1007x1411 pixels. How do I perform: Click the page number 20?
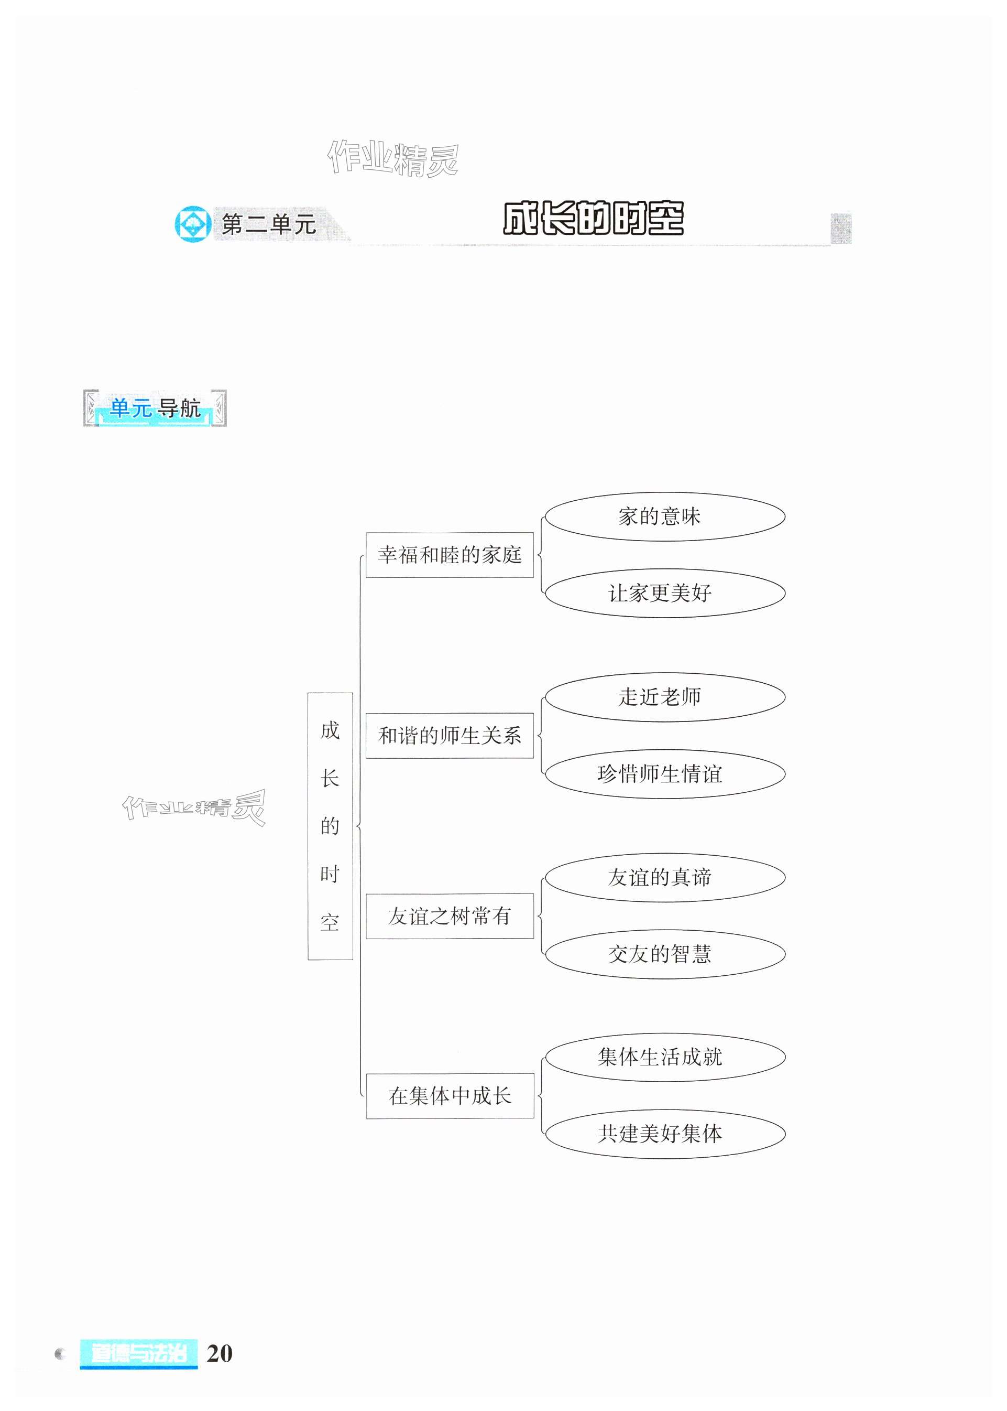tap(219, 1353)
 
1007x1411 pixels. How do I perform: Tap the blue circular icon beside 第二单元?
tap(193, 224)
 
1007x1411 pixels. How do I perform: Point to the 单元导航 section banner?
tap(155, 408)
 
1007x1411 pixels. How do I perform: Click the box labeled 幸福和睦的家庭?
tap(449, 555)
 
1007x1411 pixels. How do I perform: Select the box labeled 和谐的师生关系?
tap(449, 735)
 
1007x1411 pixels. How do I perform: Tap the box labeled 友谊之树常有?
tap(449, 916)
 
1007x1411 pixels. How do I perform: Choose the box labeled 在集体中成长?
tap(449, 1096)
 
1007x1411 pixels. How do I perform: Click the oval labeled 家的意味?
tap(664, 516)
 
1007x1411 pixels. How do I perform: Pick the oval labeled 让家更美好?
tap(664, 593)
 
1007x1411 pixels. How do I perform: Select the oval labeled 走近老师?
tap(664, 697)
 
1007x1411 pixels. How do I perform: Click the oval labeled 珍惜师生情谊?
tap(664, 774)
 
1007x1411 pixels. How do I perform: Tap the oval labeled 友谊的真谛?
tap(664, 877)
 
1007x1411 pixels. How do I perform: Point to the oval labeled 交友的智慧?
tap(664, 954)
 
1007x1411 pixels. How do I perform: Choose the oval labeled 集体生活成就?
tap(664, 1057)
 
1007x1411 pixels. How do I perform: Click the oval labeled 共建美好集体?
tap(664, 1134)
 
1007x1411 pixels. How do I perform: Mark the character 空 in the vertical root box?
tap(330, 923)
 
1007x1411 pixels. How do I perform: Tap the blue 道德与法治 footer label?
tap(138, 1353)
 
